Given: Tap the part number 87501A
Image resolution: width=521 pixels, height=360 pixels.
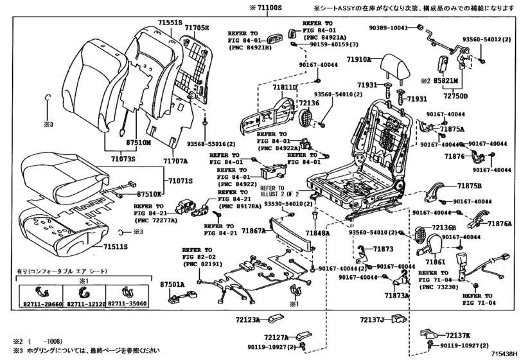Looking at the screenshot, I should click(x=173, y=283).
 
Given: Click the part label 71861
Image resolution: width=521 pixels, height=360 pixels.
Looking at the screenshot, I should click(x=435, y=262).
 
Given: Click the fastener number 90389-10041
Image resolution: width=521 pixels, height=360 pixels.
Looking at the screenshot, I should click(x=387, y=28).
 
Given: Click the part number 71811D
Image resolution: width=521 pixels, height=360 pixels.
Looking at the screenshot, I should click(x=284, y=86).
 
